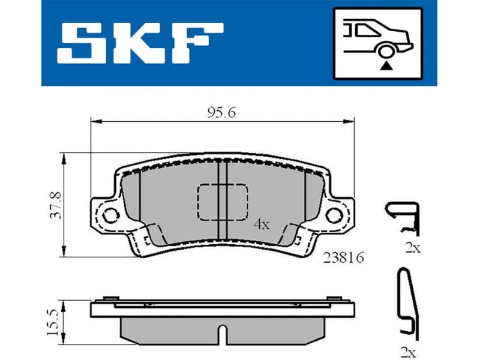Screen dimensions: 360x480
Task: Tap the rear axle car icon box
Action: tap(378, 43)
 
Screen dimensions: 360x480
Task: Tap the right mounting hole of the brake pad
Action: tap(334, 213)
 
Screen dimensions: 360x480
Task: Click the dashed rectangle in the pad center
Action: tap(222, 202)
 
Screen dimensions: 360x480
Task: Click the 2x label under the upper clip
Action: tap(412, 248)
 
